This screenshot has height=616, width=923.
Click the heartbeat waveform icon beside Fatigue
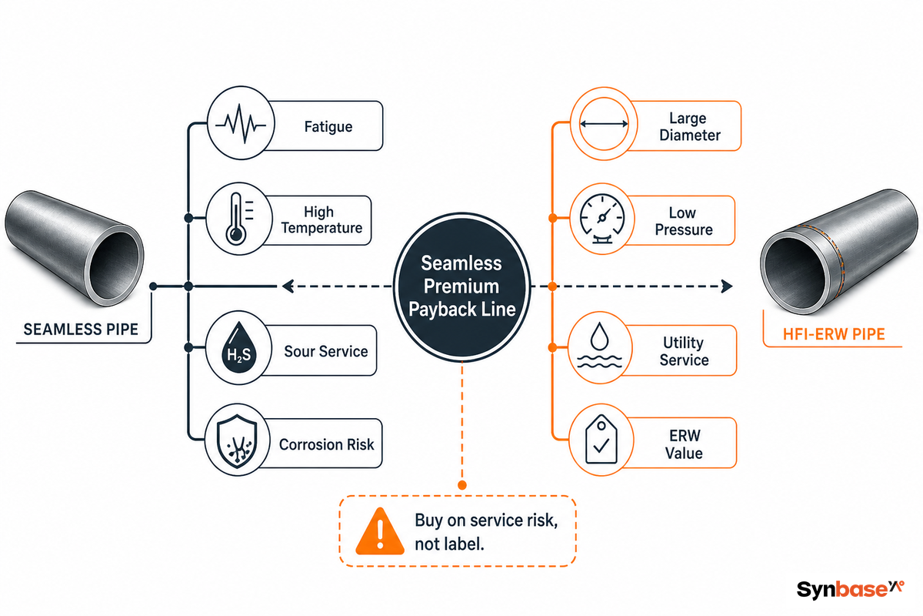point(241,123)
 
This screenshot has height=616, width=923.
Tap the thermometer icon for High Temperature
point(239,219)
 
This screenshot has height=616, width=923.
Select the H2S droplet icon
point(239,348)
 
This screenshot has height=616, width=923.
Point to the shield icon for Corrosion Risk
point(238,441)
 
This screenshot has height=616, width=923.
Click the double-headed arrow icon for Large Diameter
point(604,123)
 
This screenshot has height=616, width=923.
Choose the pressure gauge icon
point(602,219)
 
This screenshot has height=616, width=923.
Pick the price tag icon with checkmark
point(601,440)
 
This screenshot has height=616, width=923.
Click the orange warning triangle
point(380,531)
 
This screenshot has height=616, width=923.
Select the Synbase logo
point(850,589)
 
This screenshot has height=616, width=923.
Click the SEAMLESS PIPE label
point(81,330)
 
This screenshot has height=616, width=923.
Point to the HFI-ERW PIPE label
point(834,333)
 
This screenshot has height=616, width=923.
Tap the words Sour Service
point(326,351)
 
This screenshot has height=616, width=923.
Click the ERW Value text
point(684,444)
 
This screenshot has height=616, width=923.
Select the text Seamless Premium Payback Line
point(462,286)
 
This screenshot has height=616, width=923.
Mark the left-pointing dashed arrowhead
point(288,286)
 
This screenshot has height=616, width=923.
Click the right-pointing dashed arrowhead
point(727,286)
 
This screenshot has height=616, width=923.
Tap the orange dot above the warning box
point(462,485)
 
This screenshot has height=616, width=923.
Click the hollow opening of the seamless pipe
point(114,265)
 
